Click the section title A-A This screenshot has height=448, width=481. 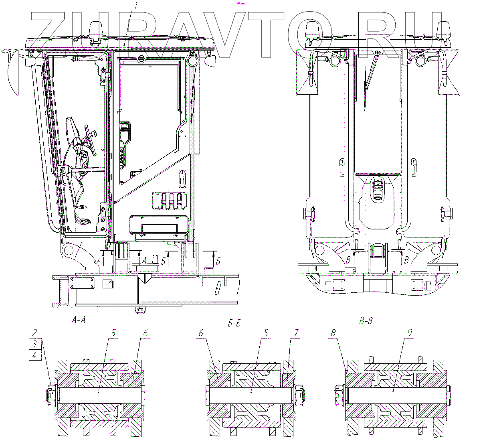pyautogui.click(x=79, y=320)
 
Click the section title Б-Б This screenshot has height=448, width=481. pyautogui.click(x=234, y=323)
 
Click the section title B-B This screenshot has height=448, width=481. pyautogui.click(x=366, y=321)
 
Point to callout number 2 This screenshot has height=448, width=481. pyautogui.click(x=35, y=333)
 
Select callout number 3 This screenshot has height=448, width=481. pyautogui.click(x=34, y=344)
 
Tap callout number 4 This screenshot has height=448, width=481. pyautogui.click(x=34, y=355)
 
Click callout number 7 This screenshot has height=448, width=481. pyautogui.click(x=296, y=333)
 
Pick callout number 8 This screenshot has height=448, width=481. pyautogui.click(x=334, y=333)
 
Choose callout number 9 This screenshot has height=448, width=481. pyautogui.click(x=410, y=333)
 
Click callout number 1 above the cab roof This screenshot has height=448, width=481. pyautogui.click(x=136, y=5)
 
